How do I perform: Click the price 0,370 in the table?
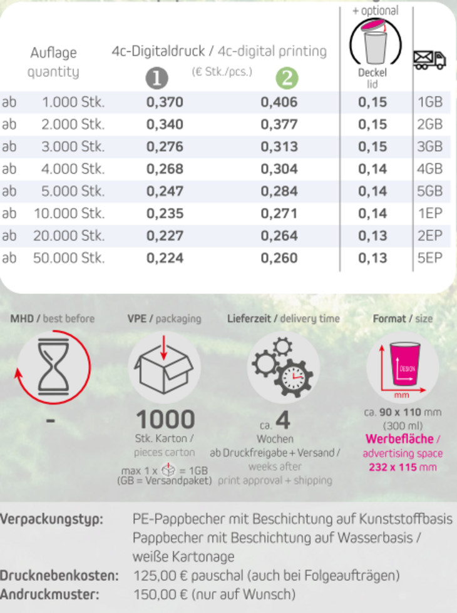tap(165, 102)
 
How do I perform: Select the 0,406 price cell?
tap(279, 102)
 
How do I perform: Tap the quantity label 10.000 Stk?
tap(69, 213)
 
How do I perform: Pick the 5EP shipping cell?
tap(429, 258)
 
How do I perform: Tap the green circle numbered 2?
tap(287, 78)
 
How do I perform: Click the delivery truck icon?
tap(429, 60)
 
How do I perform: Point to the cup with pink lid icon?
tap(376, 43)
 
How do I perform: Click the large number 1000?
tap(165, 419)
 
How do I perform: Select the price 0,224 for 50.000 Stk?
tap(165, 258)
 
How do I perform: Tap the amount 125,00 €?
tap(159, 575)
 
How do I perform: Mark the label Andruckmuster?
tap(49, 594)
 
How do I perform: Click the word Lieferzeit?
tap(249, 318)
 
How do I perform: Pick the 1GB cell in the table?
tap(429, 102)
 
